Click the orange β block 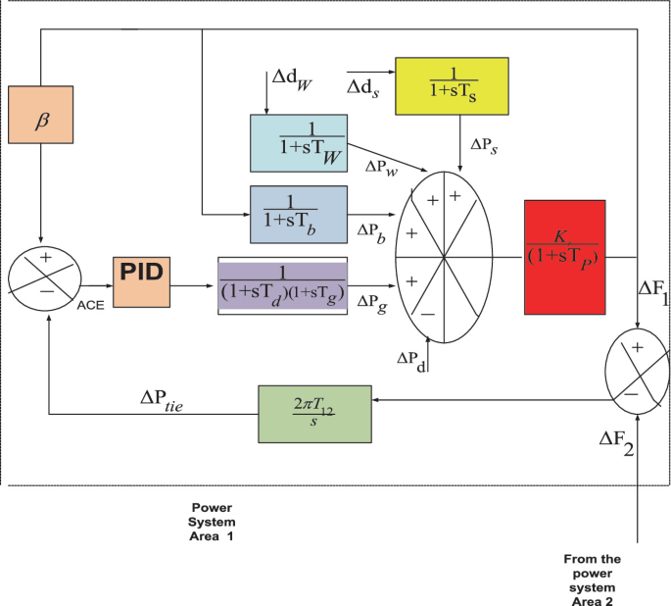pyautogui.click(x=40, y=122)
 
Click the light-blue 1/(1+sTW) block pyautogui.click(x=306, y=143)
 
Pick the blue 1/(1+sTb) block pyautogui.click(x=299, y=213)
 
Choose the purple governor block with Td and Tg pyautogui.click(x=282, y=287)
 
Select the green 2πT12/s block pyautogui.click(x=315, y=413)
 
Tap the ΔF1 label pyautogui.click(x=652, y=291)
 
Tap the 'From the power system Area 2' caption pyautogui.click(x=594, y=580)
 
